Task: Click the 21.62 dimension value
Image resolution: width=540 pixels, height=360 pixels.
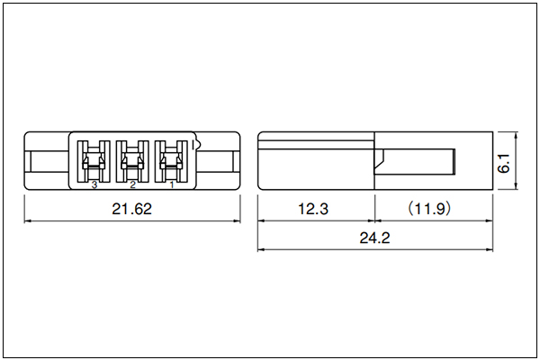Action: point(132,209)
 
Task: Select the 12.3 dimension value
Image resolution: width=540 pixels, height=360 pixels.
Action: point(313,209)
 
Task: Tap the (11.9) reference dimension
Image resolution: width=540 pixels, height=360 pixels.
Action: point(429,209)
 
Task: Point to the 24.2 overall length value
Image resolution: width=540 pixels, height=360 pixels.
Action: point(374,238)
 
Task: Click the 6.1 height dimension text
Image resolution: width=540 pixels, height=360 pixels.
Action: point(504,163)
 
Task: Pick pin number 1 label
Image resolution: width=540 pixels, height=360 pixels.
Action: point(172,185)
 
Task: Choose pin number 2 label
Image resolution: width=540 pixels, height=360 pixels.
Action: point(132,185)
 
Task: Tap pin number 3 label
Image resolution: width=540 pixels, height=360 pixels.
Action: point(94,185)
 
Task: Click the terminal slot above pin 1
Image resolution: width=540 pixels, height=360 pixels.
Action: point(172,161)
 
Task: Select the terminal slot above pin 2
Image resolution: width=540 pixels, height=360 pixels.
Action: point(132,161)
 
